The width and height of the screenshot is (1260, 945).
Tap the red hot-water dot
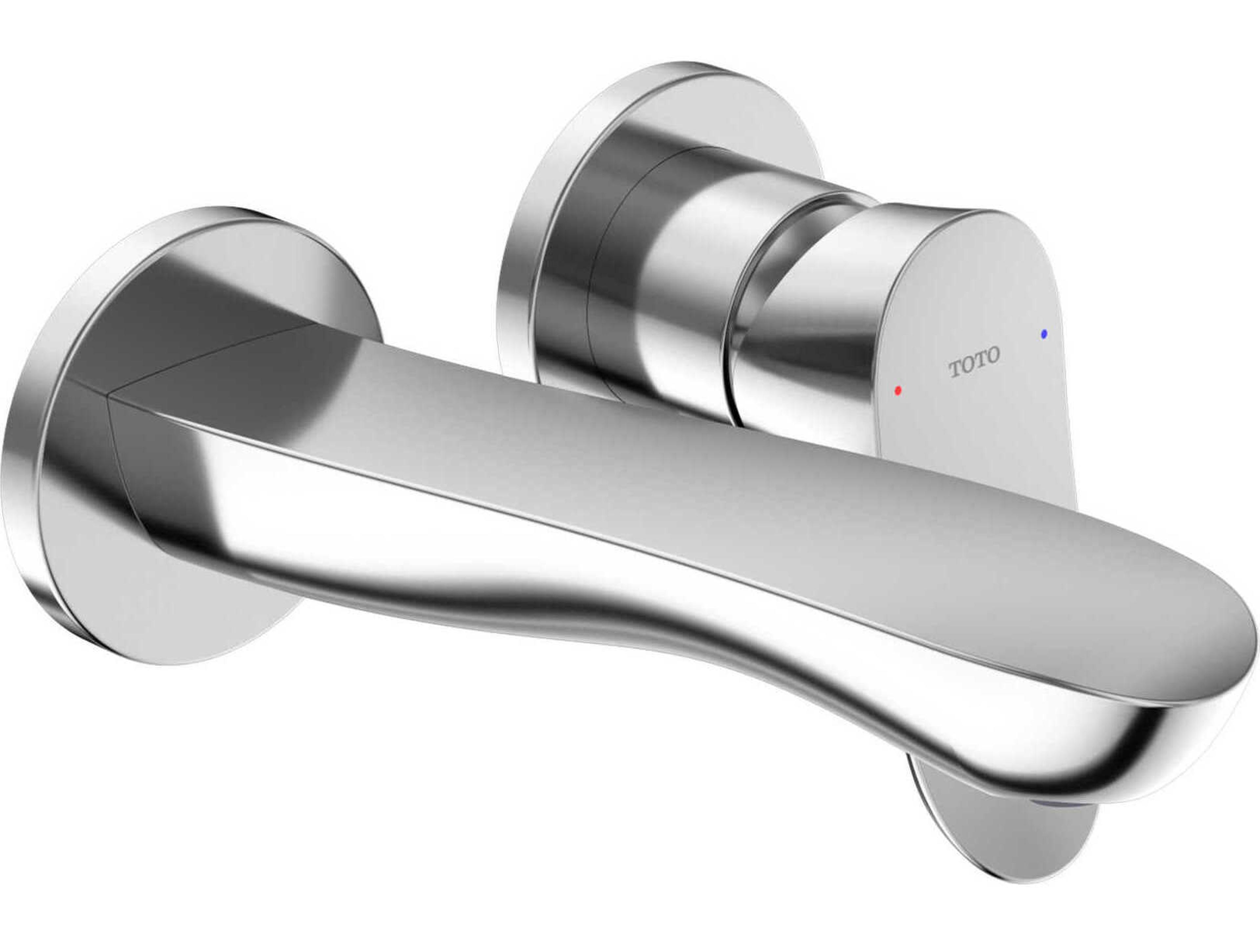click(x=898, y=390)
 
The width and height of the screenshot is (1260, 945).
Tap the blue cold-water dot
click(x=1043, y=334)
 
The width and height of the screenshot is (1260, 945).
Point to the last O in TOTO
click(x=992, y=356)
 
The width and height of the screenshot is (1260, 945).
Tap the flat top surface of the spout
click(x=741, y=484)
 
